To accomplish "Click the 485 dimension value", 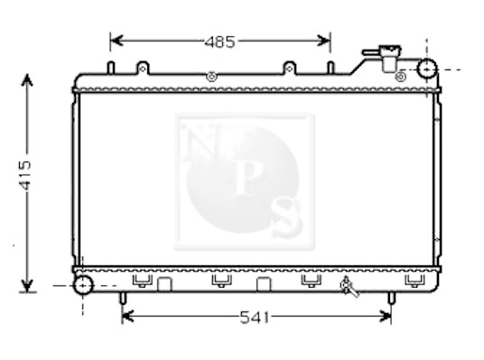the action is (x=219, y=42).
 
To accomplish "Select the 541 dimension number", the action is (x=255, y=317).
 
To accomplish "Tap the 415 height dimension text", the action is (x=25, y=175).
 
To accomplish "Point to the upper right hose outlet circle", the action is (x=427, y=69).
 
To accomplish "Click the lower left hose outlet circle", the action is (x=83, y=285).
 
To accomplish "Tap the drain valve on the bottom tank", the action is (x=349, y=287).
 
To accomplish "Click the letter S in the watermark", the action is (x=285, y=217).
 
